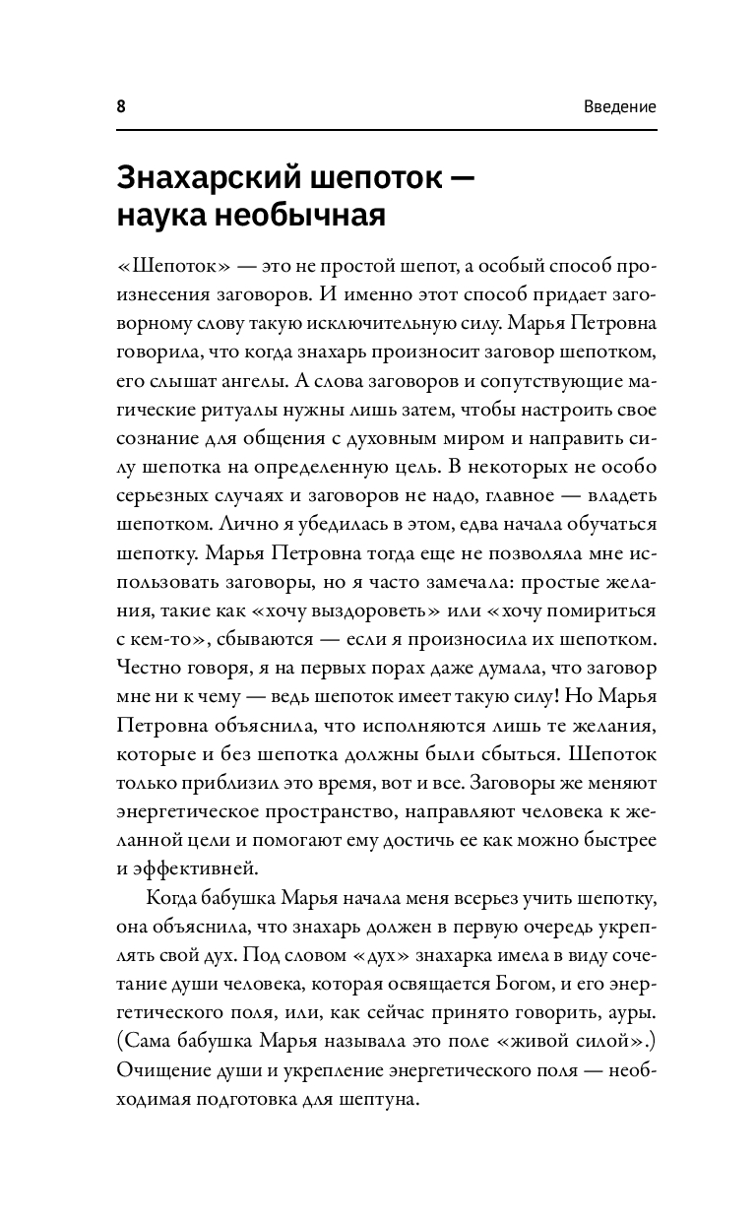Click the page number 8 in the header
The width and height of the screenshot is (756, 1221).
121,106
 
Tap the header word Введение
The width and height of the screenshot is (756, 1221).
617,106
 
